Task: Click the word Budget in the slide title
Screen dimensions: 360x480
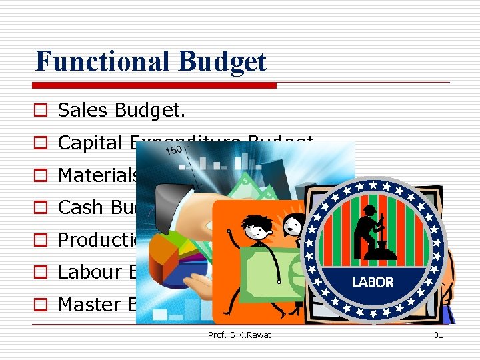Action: click(x=223, y=61)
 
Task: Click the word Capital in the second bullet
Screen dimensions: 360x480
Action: click(x=89, y=143)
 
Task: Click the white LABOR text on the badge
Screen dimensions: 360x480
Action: click(x=373, y=283)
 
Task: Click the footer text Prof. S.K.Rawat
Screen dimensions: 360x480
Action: click(x=239, y=335)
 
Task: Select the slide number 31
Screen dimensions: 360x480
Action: click(x=438, y=335)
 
